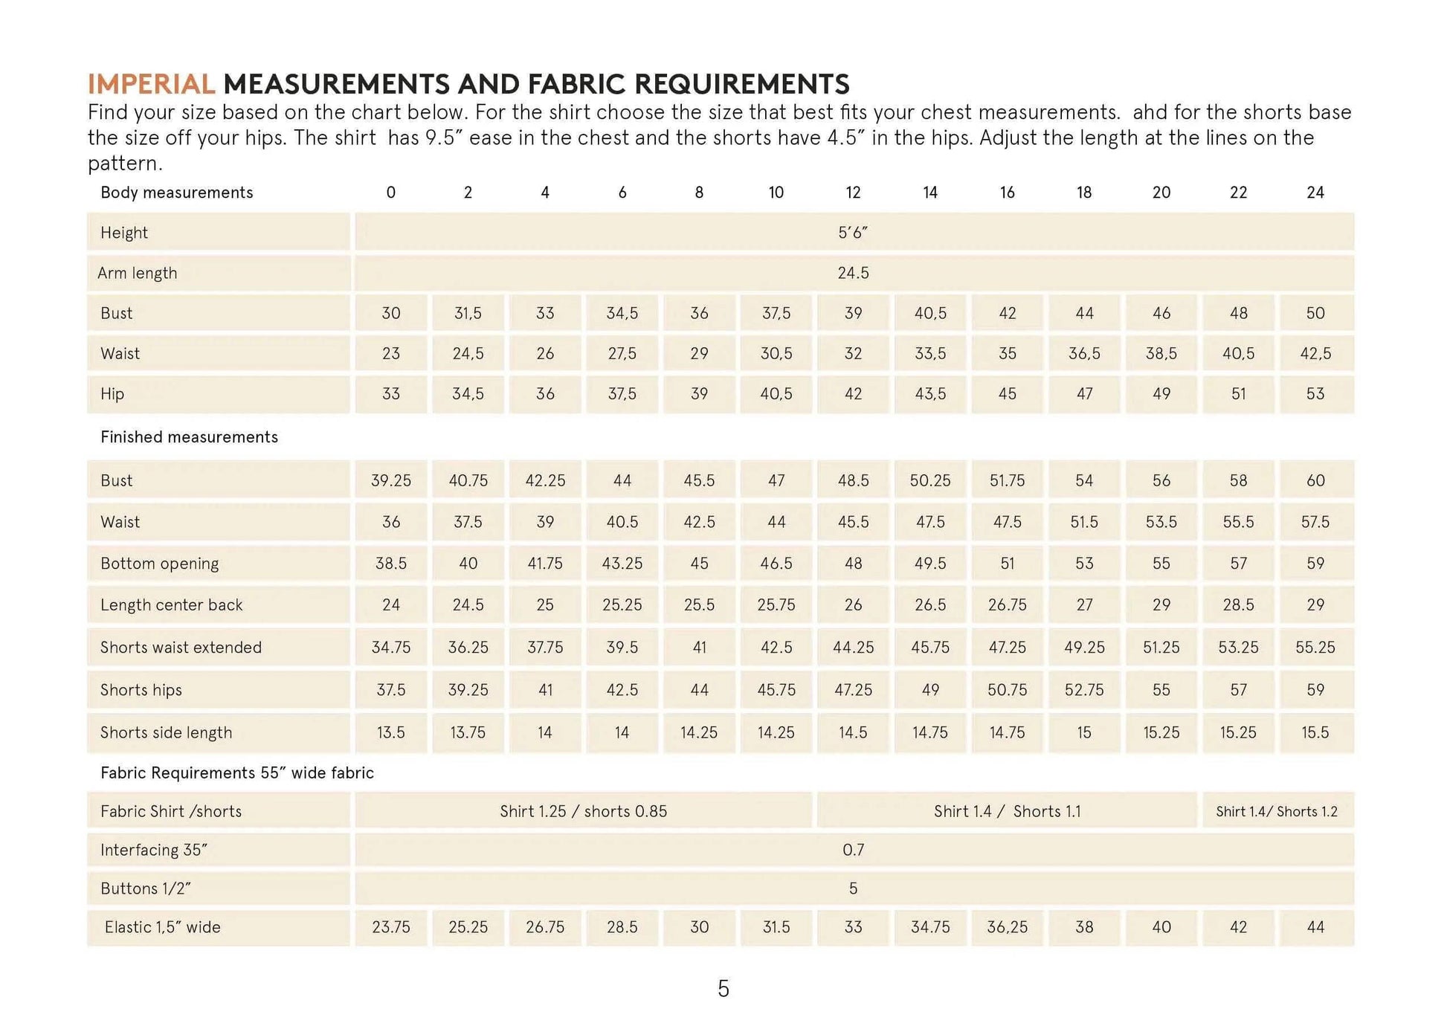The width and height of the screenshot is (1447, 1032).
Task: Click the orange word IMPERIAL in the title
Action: pyautogui.click(x=151, y=84)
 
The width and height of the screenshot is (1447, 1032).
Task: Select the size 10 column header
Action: pyautogui.click(x=776, y=193)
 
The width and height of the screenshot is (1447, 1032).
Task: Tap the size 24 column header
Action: pyautogui.click(x=1315, y=193)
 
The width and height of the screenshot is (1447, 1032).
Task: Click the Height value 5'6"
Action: pyautogui.click(x=853, y=233)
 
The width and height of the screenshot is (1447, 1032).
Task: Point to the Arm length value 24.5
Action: pyautogui.click(x=853, y=273)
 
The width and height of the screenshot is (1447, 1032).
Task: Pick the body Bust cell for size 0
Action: pyautogui.click(x=391, y=313)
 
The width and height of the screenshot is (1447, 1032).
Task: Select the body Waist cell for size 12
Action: pyautogui.click(x=853, y=353)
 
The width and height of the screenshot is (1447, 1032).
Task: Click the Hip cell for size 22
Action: pyautogui.click(x=1238, y=393)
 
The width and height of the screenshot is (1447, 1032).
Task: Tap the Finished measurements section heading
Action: pyautogui.click(x=189, y=437)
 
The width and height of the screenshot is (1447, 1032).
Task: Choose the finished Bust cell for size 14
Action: pyautogui.click(x=930, y=480)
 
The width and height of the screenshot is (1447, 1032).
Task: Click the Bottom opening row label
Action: pyautogui.click(x=159, y=564)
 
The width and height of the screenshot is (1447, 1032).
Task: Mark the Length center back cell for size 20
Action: pyautogui.click(x=1161, y=605)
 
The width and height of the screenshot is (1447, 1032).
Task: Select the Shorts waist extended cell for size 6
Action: pyautogui.click(x=622, y=648)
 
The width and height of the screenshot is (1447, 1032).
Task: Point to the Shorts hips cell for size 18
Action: pyautogui.click(x=1084, y=690)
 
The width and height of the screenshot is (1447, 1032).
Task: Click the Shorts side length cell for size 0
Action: pyautogui.click(x=391, y=732)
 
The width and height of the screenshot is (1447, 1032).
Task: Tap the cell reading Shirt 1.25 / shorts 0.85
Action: pyautogui.click(x=583, y=811)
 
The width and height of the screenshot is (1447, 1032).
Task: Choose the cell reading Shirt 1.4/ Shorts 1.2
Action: pyautogui.click(x=1277, y=811)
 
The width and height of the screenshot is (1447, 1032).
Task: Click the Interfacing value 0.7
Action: pyautogui.click(x=853, y=850)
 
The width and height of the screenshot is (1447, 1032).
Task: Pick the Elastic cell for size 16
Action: pyautogui.click(x=1007, y=927)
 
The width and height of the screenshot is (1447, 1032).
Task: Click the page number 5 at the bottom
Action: pyautogui.click(x=723, y=988)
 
